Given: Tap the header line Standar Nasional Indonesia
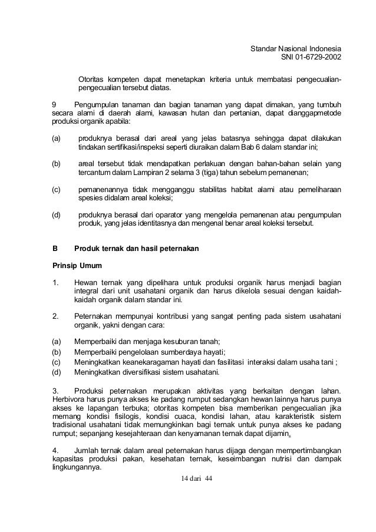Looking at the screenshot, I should point(296,48).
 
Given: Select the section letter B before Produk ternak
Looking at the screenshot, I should point(55,249).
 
